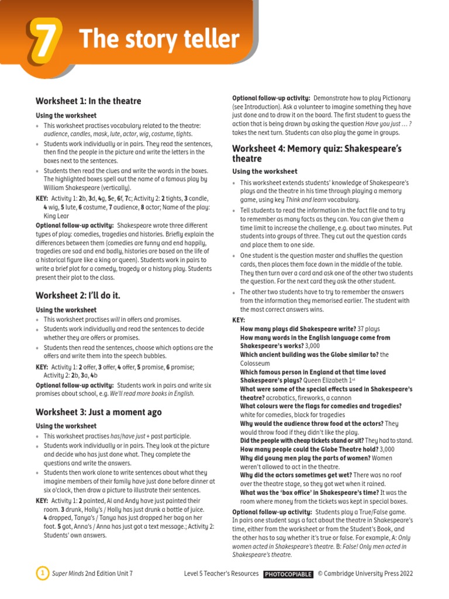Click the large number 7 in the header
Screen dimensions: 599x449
42,40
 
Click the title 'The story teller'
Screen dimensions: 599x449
159,39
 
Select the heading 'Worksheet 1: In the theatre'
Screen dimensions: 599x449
88,101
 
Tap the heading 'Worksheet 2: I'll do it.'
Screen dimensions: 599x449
78,295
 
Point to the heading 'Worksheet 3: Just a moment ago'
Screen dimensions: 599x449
99,412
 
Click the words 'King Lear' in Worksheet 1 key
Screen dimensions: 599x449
51,215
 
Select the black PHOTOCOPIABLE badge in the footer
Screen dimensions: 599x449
288,574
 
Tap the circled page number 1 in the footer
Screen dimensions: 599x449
42,574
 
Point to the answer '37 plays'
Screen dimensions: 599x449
368,329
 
